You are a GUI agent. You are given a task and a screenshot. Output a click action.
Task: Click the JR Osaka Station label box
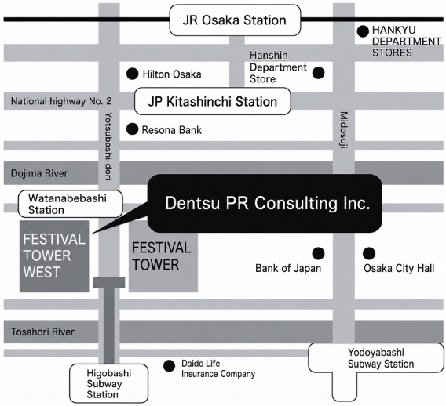click(x=235, y=20)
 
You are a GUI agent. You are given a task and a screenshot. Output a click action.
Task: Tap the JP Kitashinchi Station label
click(x=213, y=101)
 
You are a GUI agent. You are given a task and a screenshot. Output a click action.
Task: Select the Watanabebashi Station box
click(x=70, y=204)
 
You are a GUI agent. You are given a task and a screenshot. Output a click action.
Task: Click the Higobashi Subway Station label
click(x=108, y=383)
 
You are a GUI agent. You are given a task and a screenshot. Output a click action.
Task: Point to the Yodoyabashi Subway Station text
click(x=381, y=358)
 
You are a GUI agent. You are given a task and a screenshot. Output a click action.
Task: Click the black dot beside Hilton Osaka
click(x=132, y=74)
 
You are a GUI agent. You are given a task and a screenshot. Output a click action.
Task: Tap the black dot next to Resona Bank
click(x=132, y=129)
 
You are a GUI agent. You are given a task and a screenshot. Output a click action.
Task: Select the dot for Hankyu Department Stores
click(x=363, y=31)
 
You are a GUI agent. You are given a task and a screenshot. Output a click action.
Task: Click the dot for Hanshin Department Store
click(x=318, y=73)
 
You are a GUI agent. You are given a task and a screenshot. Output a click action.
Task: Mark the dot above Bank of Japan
click(x=318, y=253)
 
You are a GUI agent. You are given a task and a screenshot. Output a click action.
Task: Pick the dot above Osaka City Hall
click(x=369, y=253)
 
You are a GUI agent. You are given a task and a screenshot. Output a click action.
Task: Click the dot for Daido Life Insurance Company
click(x=170, y=366)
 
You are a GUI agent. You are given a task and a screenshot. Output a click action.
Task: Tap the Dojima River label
click(x=39, y=173)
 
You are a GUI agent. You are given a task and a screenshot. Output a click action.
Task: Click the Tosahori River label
click(x=42, y=332)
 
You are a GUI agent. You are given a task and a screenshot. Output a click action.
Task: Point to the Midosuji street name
click(x=344, y=130)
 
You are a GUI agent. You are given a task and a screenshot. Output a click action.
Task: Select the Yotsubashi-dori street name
click(x=108, y=147)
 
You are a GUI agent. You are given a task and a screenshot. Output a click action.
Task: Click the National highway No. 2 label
click(x=61, y=101)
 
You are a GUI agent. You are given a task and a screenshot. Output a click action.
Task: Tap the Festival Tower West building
click(x=54, y=256)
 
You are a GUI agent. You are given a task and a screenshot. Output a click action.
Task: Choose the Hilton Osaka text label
click(x=172, y=74)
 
